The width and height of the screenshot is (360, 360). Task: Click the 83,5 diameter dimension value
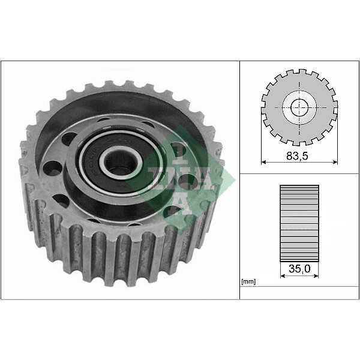pos(297,156)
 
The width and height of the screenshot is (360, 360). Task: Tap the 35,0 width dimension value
pos(299,268)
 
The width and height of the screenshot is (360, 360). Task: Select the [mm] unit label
pos(248,282)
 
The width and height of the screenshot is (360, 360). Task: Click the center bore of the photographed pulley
pos(121,162)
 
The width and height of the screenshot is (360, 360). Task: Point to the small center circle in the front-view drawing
pos(299,107)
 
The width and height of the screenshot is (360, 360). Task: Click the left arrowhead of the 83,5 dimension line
pos(263,162)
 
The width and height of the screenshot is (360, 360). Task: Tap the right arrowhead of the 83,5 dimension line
pos(335,162)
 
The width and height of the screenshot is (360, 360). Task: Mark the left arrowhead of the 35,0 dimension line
pos(283,276)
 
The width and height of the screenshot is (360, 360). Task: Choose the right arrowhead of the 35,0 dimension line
pos(316,276)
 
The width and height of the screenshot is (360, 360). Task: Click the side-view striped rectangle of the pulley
pos(299,223)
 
